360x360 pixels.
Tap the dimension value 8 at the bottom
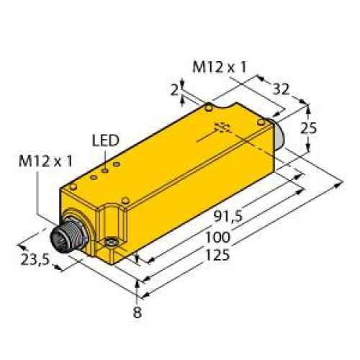click(138, 313)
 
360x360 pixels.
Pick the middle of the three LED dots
click(104, 171)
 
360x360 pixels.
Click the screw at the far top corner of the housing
click(208, 109)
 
